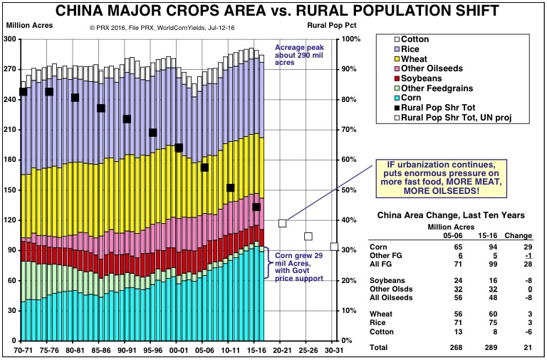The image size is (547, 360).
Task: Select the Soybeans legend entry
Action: point(421,78)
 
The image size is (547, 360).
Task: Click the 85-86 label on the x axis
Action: point(100,351)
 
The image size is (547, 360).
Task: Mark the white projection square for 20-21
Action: point(282,223)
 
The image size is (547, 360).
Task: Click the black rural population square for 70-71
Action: point(23,91)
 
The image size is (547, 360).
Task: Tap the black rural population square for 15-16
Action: point(256,207)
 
